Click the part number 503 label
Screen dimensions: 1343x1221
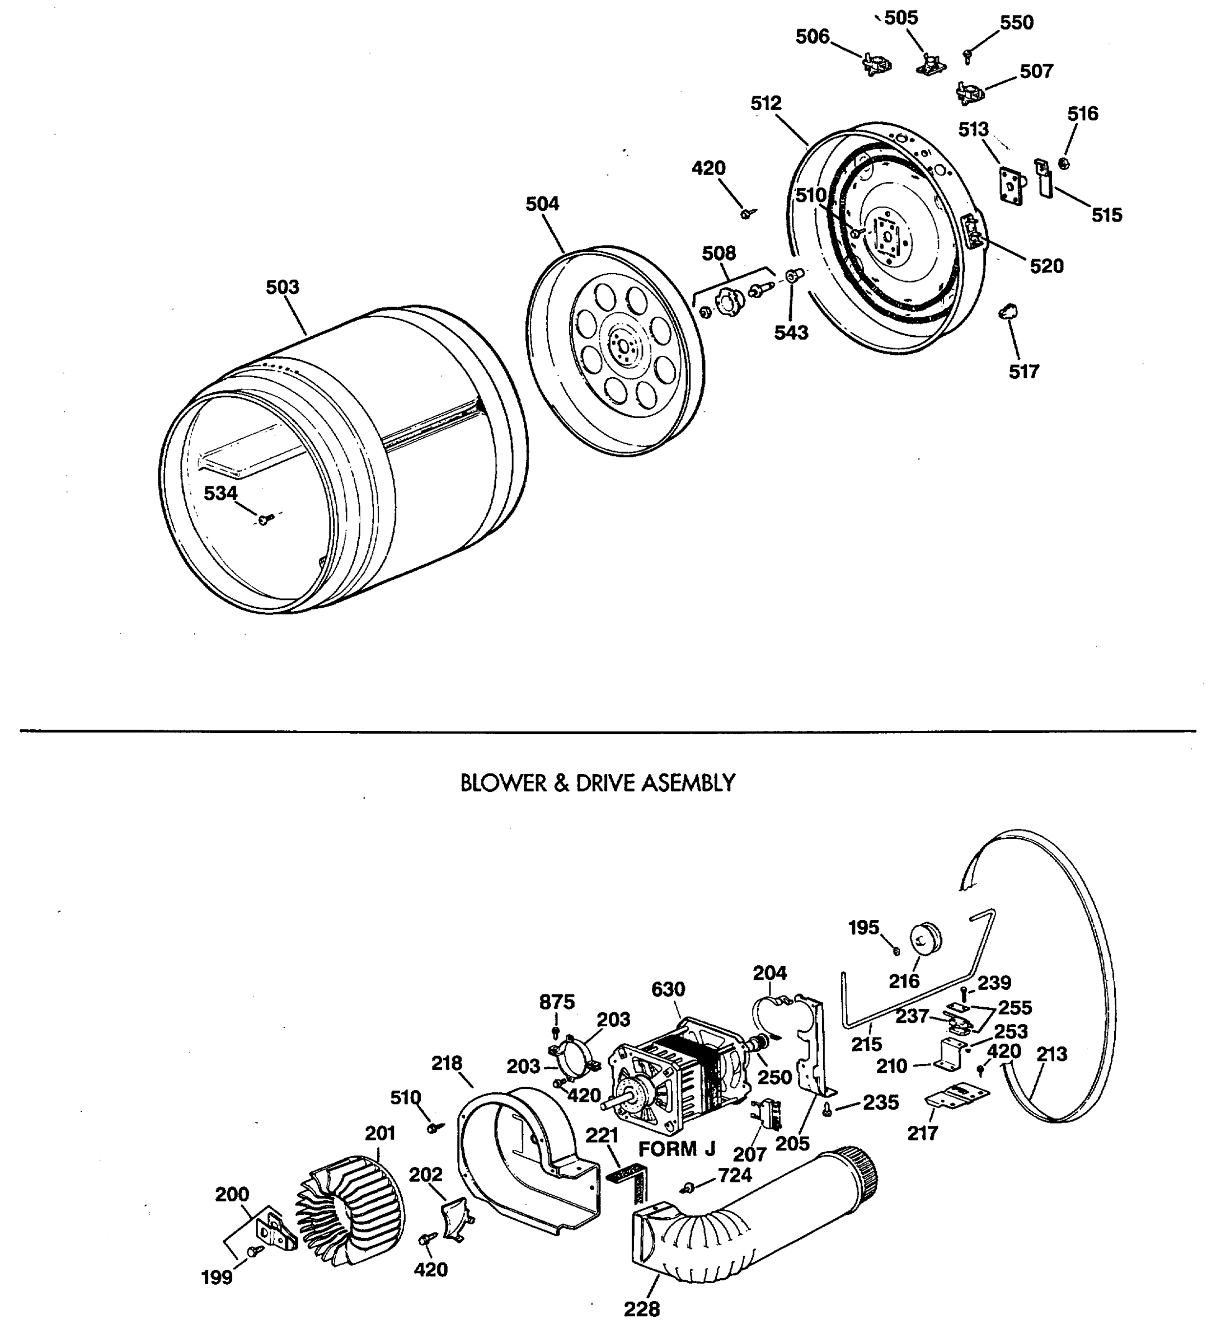tap(283, 288)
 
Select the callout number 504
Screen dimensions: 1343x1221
tap(542, 204)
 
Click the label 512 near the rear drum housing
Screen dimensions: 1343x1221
tap(766, 104)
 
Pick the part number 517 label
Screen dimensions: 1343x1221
tap(1024, 372)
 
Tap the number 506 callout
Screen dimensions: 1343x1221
tap(813, 36)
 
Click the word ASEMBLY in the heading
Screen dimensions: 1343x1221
tap(688, 783)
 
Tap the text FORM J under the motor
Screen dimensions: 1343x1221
tap(677, 1149)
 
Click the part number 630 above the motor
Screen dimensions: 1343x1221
tap(668, 990)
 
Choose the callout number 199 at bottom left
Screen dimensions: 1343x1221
tap(217, 1278)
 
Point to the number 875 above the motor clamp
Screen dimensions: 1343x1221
tap(557, 1002)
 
